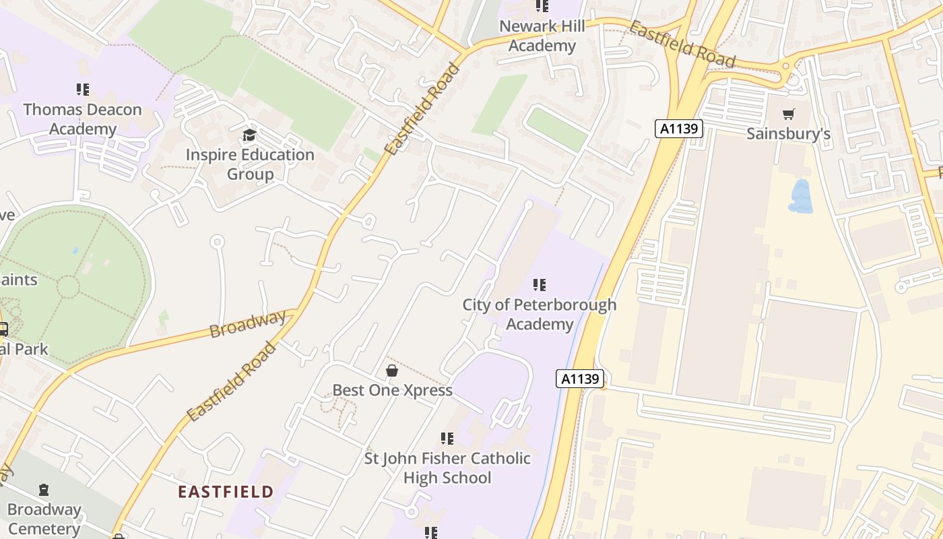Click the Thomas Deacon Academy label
[x=82, y=119]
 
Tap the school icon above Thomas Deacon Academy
[x=83, y=89]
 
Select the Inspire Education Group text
[x=250, y=164]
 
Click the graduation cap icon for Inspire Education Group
[x=250, y=135]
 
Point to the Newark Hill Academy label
[x=542, y=36]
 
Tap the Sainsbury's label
[x=788, y=133]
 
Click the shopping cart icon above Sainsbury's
[x=788, y=114]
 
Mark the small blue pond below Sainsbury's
[x=800, y=196]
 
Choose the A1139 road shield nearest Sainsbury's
[x=678, y=129]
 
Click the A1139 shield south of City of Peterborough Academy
[x=580, y=379]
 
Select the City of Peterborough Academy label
[x=539, y=314]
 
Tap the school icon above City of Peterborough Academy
[x=540, y=285]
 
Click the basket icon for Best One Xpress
[x=391, y=371]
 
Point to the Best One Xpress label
[x=392, y=390]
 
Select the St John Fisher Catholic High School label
[x=447, y=468]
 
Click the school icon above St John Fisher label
[x=447, y=439]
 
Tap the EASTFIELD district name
[x=226, y=492]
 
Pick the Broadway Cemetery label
[x=44, y=519]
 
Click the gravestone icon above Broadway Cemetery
[x=44, y=489]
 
